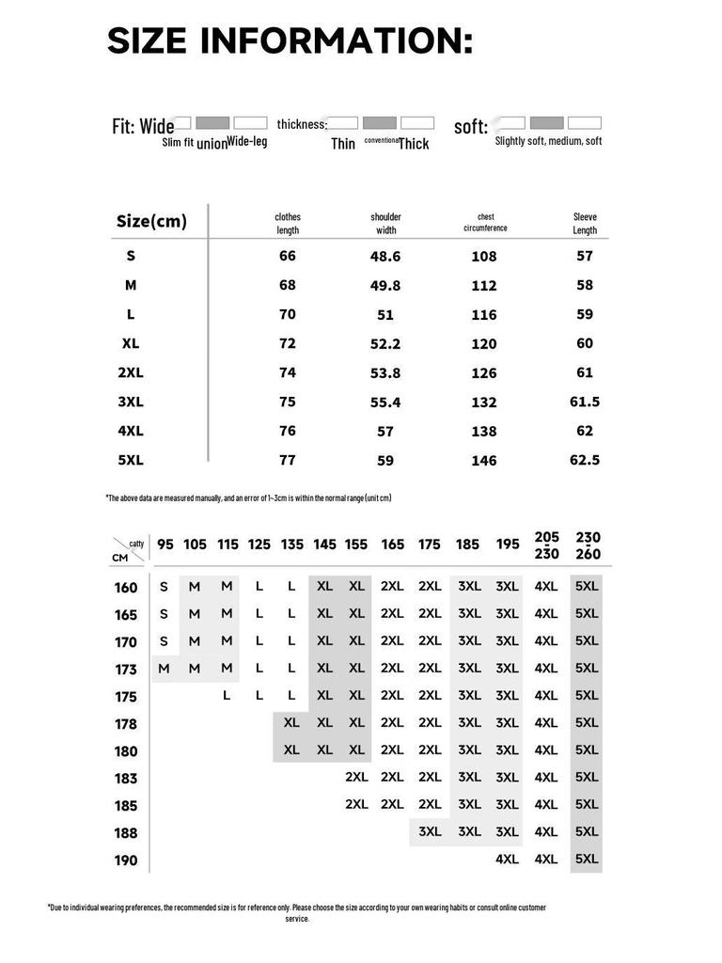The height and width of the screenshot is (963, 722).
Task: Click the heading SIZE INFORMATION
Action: (x=290, y=41)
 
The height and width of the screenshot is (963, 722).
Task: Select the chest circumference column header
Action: (x=485, y=222)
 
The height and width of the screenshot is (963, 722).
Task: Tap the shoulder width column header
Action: (x=385, y=223)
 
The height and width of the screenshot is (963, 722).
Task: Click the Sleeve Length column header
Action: (x=585, y=223)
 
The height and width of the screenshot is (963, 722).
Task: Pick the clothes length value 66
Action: (x=287, y=256)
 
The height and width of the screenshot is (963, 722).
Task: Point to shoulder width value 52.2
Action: (x=385, y=344)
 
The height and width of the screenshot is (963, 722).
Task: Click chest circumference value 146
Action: (x=484, y=461)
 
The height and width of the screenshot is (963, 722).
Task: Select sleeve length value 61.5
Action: (x=585, y=402)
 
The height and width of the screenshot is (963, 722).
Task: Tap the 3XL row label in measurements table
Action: (x=131, y=402)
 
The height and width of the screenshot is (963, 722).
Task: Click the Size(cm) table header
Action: (x=151, y=222)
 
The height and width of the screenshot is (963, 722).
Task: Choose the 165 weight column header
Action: (x=392, y=545)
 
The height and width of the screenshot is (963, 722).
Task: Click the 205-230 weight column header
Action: (x=546, y=545)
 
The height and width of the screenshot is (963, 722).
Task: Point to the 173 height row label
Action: (x=126, y=670)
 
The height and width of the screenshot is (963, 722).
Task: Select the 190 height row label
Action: (x=126, y=860)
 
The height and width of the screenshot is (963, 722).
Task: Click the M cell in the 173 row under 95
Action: (x=165, y=669)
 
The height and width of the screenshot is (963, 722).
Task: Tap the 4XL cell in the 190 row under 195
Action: (x=507, y=859)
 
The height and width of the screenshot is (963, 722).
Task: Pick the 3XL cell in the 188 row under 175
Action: (x=430, y=831)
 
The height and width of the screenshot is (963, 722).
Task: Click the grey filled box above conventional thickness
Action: (x=380, y=123)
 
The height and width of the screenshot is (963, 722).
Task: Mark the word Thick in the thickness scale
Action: (x=414, y=144)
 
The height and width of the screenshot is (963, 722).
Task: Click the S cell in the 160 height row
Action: (x=165, y=587)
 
